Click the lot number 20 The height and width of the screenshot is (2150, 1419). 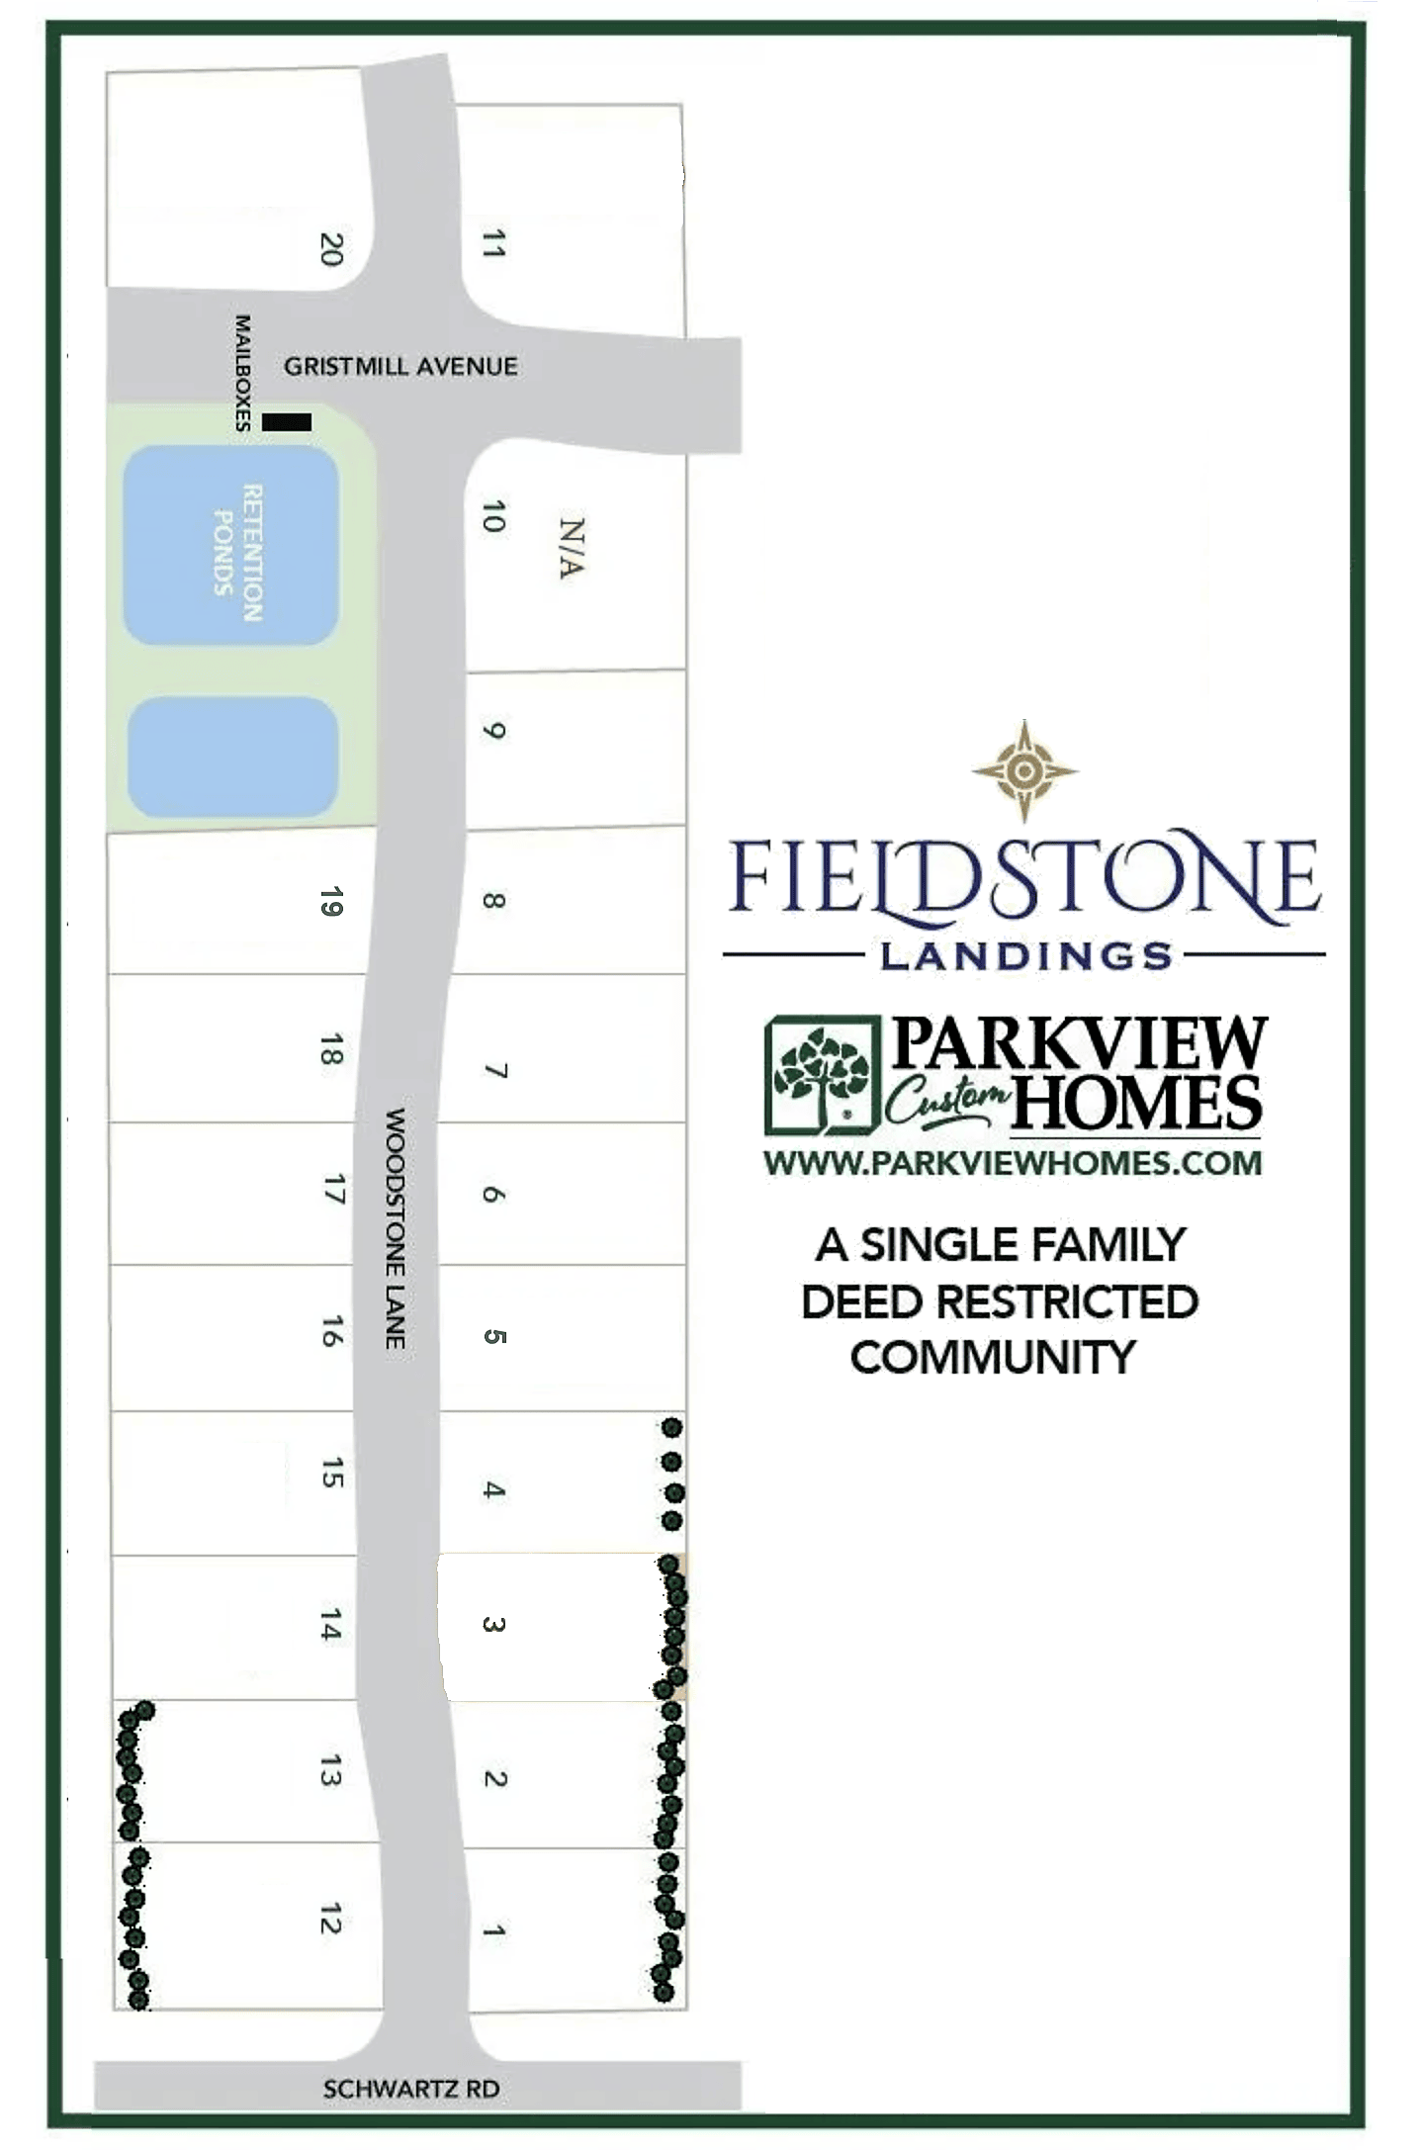point(331,248)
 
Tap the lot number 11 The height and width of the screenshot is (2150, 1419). point(492,243)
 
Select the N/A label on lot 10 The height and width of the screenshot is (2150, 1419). point(572,548)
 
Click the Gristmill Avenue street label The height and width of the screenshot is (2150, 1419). point(400,367)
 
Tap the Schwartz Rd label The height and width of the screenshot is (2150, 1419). point(411,2089)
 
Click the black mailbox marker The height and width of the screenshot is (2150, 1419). point(287,422)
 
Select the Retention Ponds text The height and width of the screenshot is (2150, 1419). point(239,552)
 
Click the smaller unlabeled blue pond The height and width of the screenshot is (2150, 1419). point(233,758)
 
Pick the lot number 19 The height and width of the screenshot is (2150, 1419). point(331,902)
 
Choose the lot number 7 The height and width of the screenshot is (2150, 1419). point(495,1071)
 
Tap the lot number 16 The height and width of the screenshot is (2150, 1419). point(332,1331)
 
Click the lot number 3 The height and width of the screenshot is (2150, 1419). point(493,1624)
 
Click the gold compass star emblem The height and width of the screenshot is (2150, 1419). point(1024,770)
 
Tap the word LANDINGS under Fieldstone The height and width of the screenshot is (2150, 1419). point(1025,955)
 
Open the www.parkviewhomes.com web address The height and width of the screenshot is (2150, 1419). point(1013,1163)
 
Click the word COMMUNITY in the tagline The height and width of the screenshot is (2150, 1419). point(993,1357)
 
